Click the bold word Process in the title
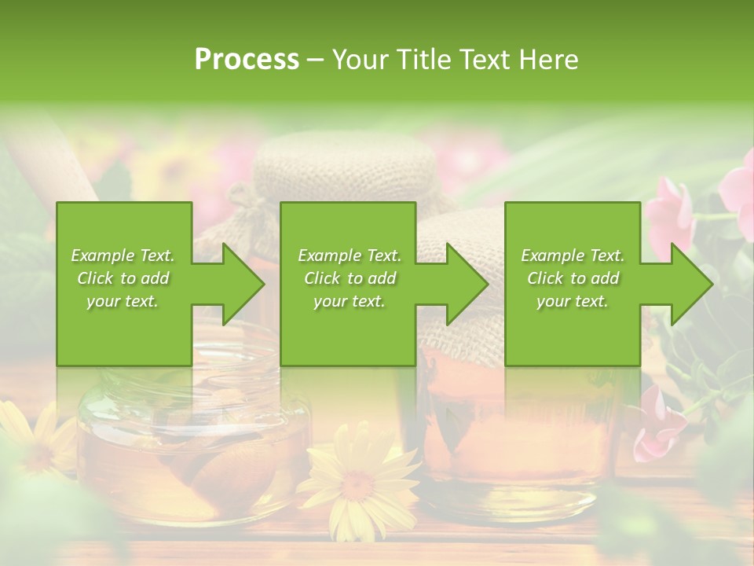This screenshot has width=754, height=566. click(247, 60)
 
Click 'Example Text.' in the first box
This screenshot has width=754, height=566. click(123, 255)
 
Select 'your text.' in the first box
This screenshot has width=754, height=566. click(123, 301)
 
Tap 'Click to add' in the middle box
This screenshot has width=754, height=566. click(350, 278)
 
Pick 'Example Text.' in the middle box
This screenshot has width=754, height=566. click(350, 255)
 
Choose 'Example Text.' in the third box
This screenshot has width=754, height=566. click(573, 255)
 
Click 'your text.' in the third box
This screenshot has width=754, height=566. click(573, 301)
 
